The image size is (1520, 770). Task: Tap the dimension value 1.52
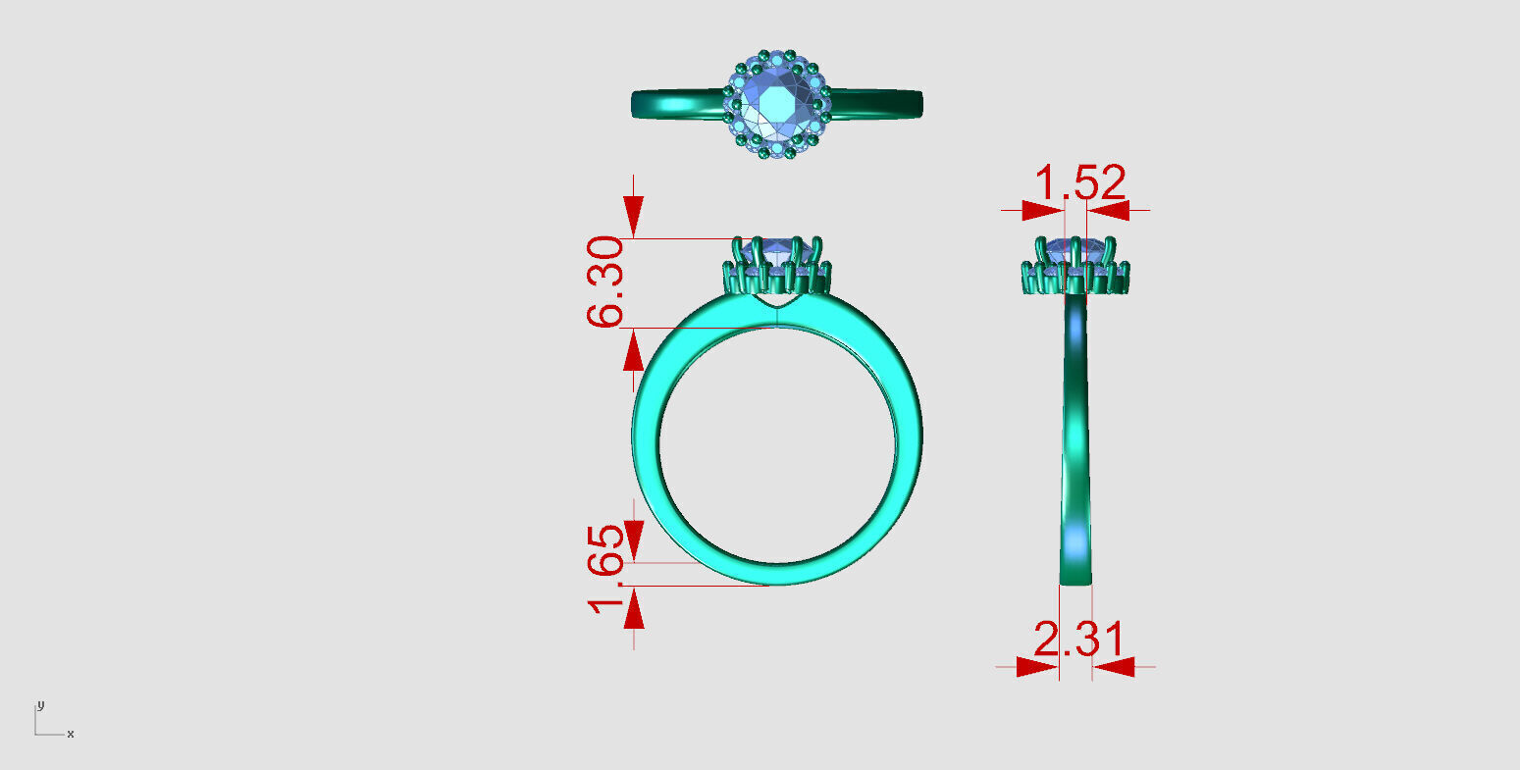(x=1080, y=183)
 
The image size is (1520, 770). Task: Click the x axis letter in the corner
(x=71, y=734)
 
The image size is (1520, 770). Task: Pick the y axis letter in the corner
(x=40, y=705)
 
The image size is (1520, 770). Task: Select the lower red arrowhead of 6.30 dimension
(x=634, y=351)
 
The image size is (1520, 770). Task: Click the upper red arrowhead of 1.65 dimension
(x=634, y=537)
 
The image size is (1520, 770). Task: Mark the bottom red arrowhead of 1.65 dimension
(x=634, y=611)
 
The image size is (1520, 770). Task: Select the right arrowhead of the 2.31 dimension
(x=1115, y=667)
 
